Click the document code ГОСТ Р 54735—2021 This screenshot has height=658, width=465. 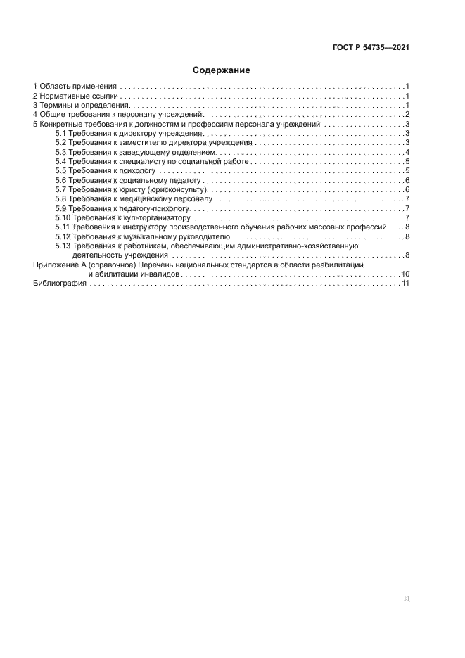point(371,48)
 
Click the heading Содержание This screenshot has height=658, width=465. point(222,70)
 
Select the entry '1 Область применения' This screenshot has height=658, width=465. point(75,84)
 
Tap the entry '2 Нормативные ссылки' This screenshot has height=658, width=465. point(75,94)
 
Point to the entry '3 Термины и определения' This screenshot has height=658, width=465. point(79,104)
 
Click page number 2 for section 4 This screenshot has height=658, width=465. point(407,114)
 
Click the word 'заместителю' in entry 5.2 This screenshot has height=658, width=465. point(141,143)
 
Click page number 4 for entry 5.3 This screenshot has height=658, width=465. point(407,152)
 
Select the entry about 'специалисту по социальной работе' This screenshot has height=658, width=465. point(151,162)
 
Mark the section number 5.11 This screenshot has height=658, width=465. point(62,227)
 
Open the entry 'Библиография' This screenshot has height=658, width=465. point(59,283)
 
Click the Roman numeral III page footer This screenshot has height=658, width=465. point(406,598)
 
